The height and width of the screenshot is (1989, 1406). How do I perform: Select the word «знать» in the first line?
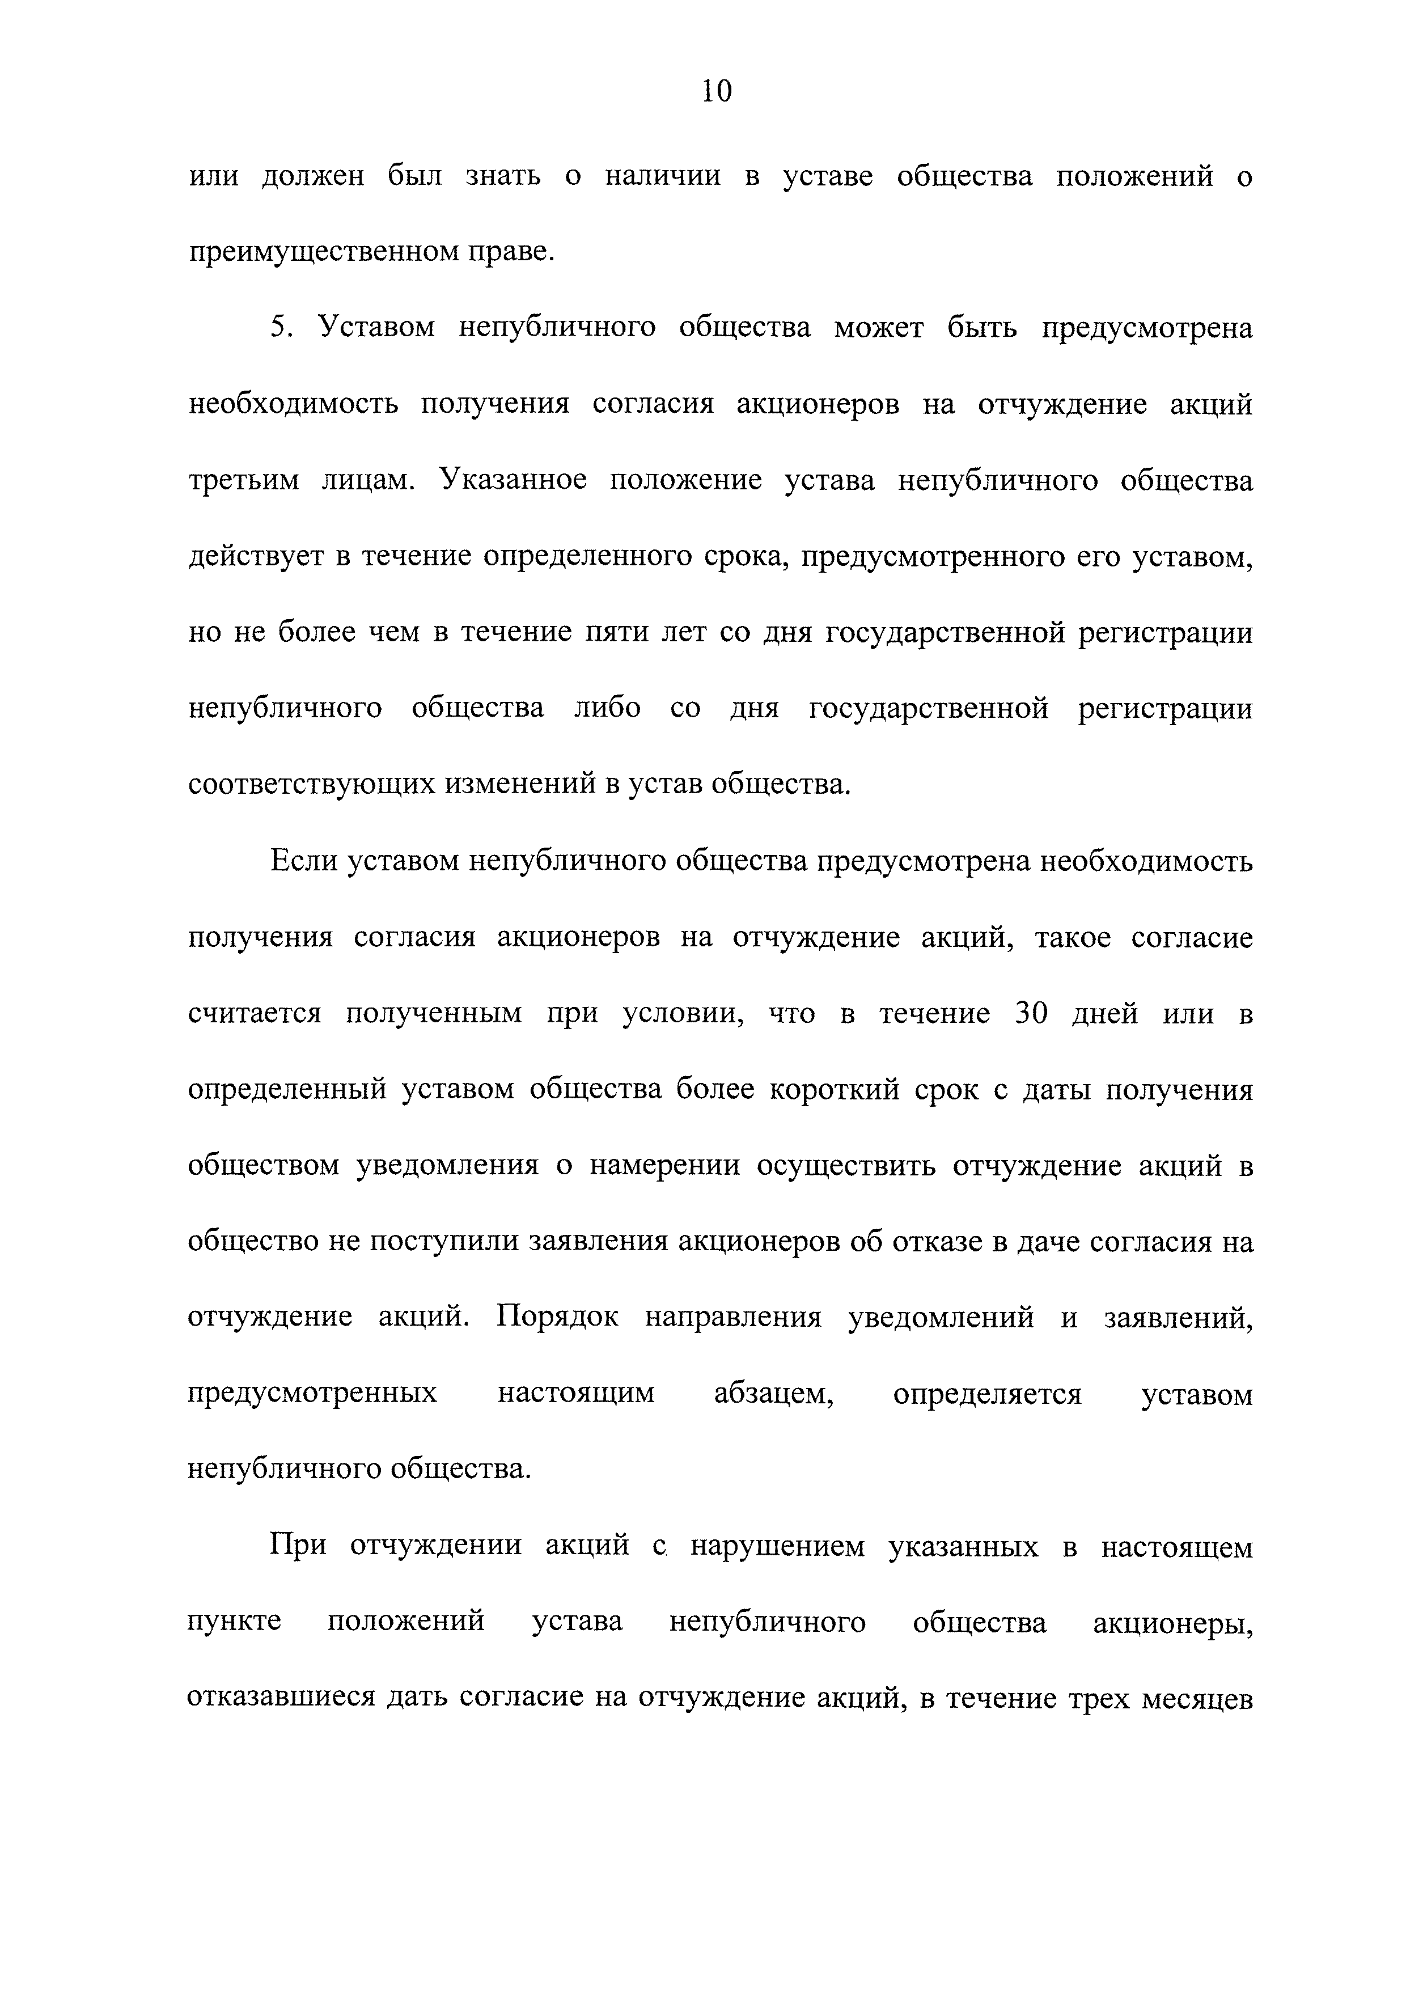503,177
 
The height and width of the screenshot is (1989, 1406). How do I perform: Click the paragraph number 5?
280,328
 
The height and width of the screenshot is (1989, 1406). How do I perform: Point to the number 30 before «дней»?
1031,1014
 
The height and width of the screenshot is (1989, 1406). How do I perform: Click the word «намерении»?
664,1166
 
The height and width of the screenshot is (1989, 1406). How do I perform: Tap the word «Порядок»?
558,1318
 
